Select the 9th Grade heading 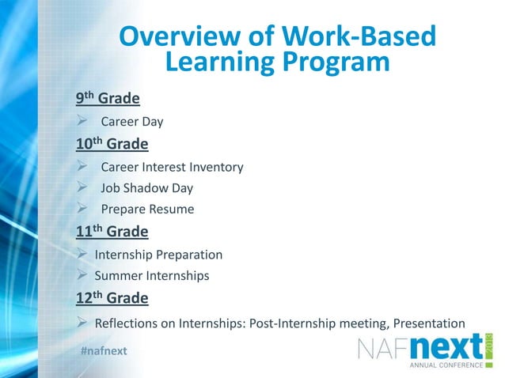click(x=108, y=99)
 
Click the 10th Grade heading click(x=112, y=145)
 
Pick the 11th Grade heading click(x=112, y=232)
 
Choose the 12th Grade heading click(x=112, y=298)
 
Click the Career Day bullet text click(x=131, y=122)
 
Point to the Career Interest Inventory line click(x=172, y=168)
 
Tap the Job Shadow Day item click(x=146, y=189)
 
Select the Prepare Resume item click(x=147, y=210)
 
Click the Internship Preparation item click(x=158, y=255)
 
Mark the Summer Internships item click(x=152, y=276)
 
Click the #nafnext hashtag click(x=104, y=350)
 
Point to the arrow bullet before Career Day click(x=82, y=122)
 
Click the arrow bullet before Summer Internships click(x=82, y=276)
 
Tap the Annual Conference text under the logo click(x=445, y=366)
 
